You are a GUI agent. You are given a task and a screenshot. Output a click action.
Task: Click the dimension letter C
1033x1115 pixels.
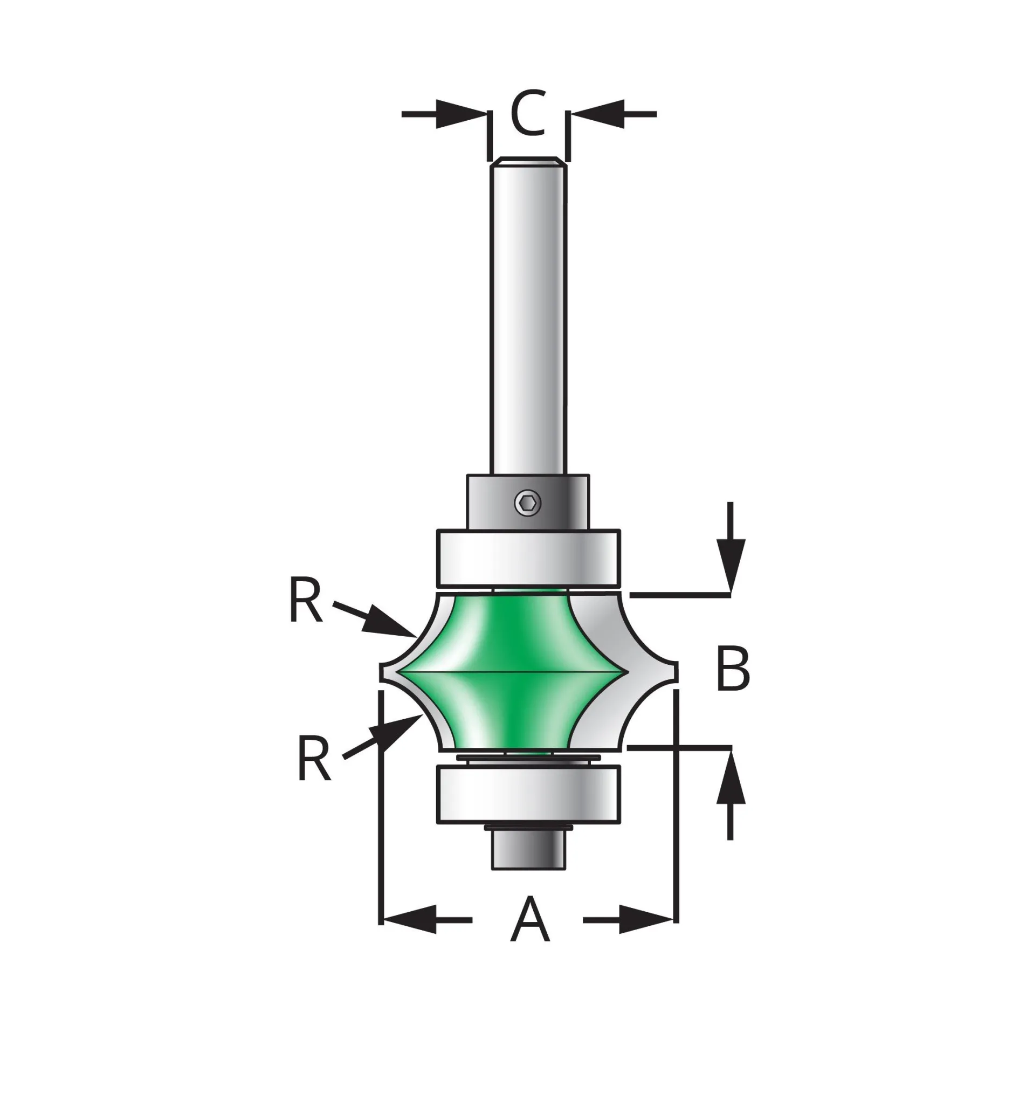click(x=528, y=113)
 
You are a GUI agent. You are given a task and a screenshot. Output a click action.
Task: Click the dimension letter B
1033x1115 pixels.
click(x=732, y=669)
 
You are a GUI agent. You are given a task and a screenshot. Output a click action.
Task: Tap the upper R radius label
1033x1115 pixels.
click(x=306, y=600)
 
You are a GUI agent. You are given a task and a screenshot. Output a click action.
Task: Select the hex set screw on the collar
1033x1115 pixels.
click(x=528, y=505)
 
